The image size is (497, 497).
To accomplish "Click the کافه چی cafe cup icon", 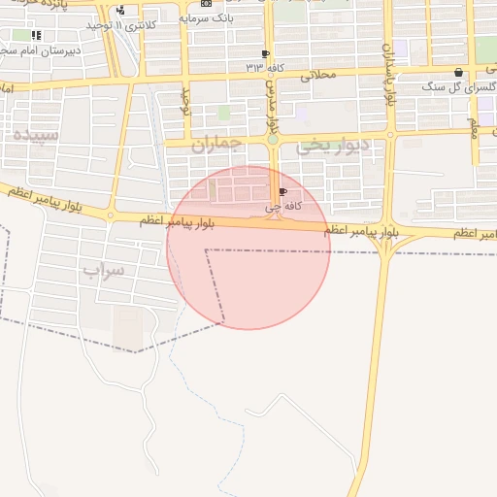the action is point(282,193).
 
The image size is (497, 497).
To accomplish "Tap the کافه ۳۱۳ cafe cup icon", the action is point(265,54).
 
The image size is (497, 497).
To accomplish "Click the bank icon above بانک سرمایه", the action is point(205,4).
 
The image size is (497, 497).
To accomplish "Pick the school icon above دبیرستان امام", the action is point(37,36).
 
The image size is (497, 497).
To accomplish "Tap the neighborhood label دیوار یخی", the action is point(333,147).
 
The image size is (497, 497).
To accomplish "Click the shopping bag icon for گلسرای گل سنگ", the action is point(458,73).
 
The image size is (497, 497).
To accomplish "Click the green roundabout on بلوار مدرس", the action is point(273,140).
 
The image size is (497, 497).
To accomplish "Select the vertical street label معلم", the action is point(474,126).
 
